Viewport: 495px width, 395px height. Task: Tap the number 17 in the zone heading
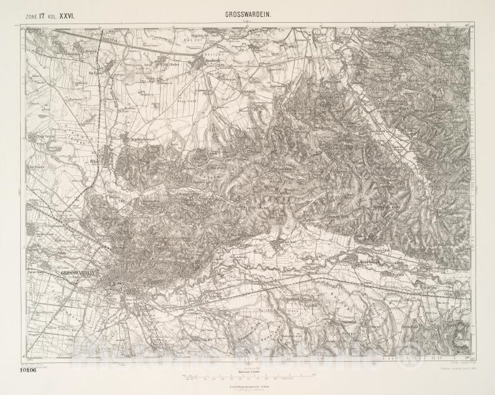pos(41,12)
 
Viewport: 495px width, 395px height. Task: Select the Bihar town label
pos(95,158)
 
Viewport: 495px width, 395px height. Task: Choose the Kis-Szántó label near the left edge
pos(38,167)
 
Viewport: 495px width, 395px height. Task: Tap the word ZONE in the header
pos(30,12)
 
